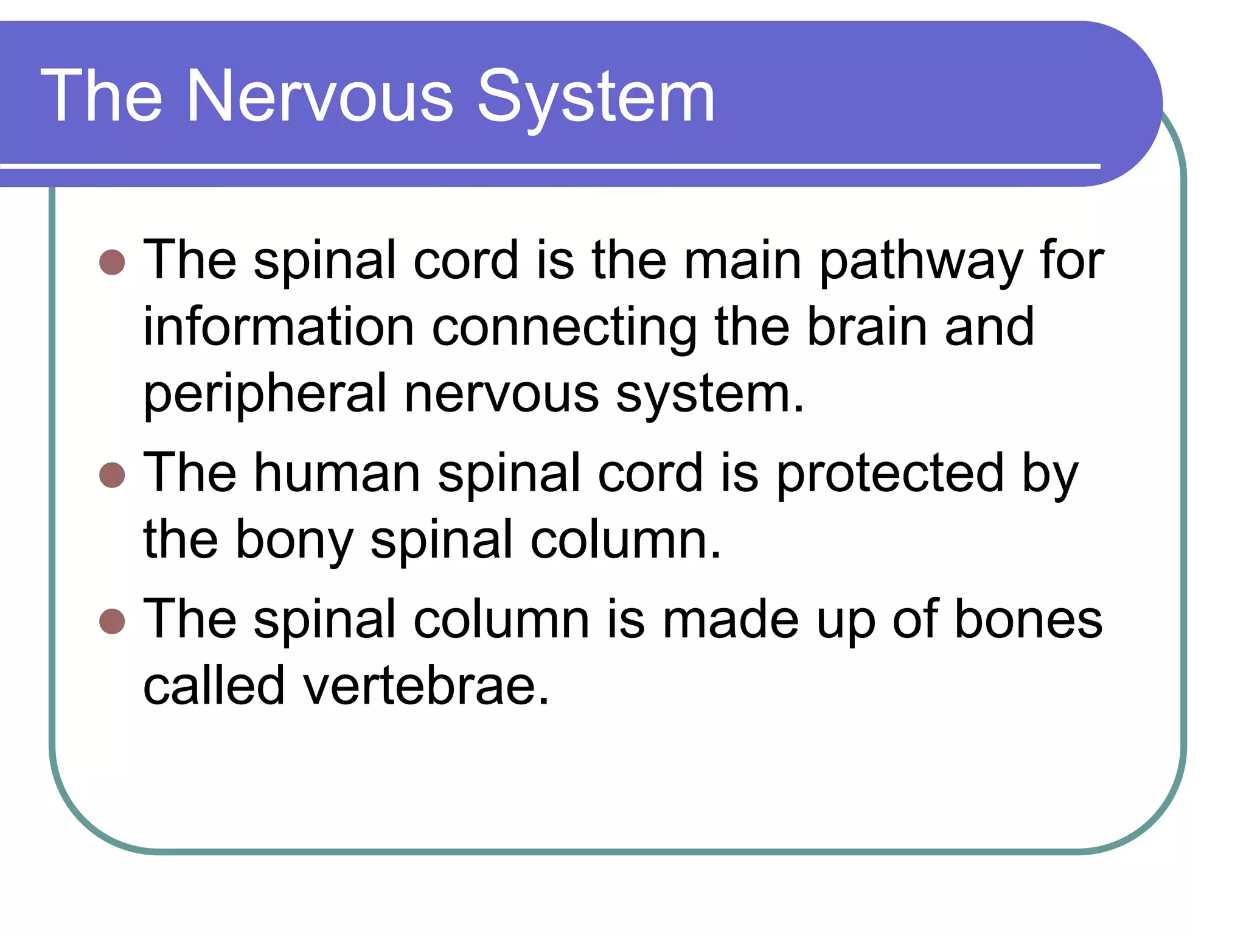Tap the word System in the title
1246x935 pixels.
[x=596, y=97]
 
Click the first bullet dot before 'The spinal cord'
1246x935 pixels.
[x=112, y=262]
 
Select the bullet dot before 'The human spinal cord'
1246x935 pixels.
[x=112, y=475]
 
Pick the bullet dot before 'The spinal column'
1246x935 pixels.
[x=112, y=621]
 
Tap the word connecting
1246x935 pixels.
[x=564, y=329]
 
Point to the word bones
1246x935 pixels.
[x=1028, y=620]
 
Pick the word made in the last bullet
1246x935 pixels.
[x=730, y=620]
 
